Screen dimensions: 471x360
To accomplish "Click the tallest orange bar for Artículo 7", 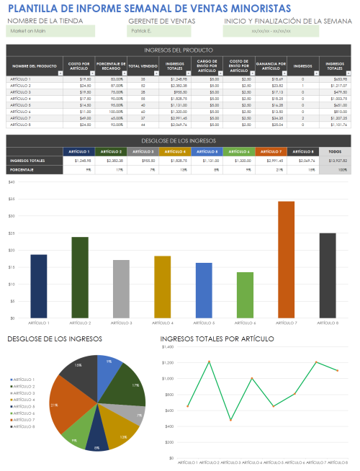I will pos(286,259).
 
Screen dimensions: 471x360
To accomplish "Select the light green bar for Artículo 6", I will pos(245,295).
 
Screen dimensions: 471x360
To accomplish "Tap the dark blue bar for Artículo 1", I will pos(38,286).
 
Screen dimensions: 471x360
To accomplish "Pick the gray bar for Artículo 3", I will pos(121,289).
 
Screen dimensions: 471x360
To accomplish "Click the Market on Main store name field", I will pos(50,32).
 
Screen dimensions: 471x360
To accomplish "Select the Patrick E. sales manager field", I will pos(158,32).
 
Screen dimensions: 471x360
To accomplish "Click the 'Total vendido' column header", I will pos(143,66).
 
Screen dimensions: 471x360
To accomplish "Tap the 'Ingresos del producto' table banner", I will pos(178,50).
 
